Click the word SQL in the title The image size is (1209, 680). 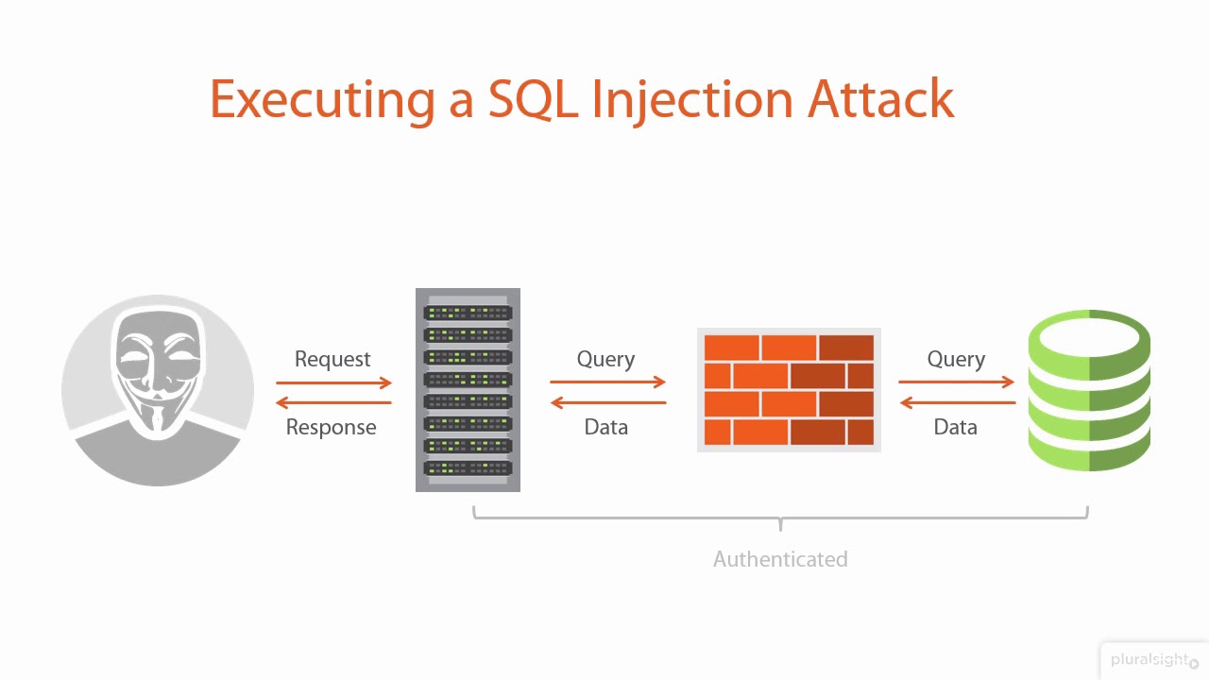coord(533,99)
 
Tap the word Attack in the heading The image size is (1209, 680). coord(880,99)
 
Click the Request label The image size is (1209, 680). coord(332,359)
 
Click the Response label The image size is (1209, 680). coord(331,427)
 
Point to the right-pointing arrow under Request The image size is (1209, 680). coord(333,382)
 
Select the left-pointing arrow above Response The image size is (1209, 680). coord(333,403)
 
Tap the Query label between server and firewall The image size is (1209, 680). coord(605,359)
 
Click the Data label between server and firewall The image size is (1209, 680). coord(605,427)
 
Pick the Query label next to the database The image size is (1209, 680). coord(956,359)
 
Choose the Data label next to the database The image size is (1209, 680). coord(955,427)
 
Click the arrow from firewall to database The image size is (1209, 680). coord(956,382)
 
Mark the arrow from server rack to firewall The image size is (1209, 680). coord(608,382)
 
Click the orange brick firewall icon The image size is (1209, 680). coord(789,390)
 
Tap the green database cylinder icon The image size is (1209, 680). coord(1089,390)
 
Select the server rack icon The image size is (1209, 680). coord(468,390)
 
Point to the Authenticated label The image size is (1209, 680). coord(780,559)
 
